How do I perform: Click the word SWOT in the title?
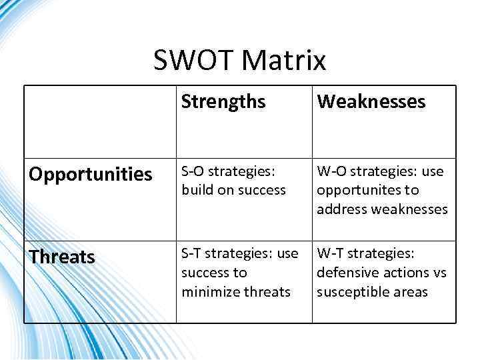pyautogui.click(x=194, y=61)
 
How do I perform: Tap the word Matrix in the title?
pyautogui.click(x=284, y=61)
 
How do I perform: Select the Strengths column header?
pyautogui.click(x=223, y=102)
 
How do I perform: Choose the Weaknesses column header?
pyautogui.click(x=371, y=102)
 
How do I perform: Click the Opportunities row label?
pyautogui.click(x=90, y=175)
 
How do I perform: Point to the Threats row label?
pyautogui.click(x=61, y=257)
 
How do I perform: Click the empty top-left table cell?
pyautogui.click(x=100, y=121)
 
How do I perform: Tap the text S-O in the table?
pyautogui.click(x=193, y=171)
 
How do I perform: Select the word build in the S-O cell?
pyautogui.click(x=196, y=190)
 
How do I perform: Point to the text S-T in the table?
pyautogui.click(x=192, y=253)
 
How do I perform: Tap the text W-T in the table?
pyautogui.click(x=330, y=253)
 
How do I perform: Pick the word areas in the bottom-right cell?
pyautogui.click(x=411, y=292)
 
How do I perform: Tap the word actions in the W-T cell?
pyautogui.click(x=403, y=273)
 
